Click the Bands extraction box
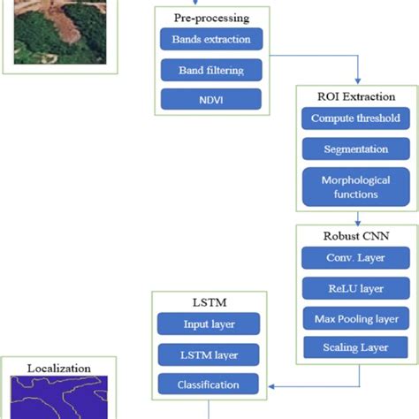210,40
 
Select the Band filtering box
210,69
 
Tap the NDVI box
210,98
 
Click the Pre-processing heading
210,17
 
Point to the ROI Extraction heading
357,97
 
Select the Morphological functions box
357,187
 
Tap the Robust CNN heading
357,237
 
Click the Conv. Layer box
357,259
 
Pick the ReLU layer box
357,288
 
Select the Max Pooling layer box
357,318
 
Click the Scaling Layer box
357,347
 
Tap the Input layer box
209,325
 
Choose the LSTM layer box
209,354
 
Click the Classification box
209,385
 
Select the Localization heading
58,367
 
